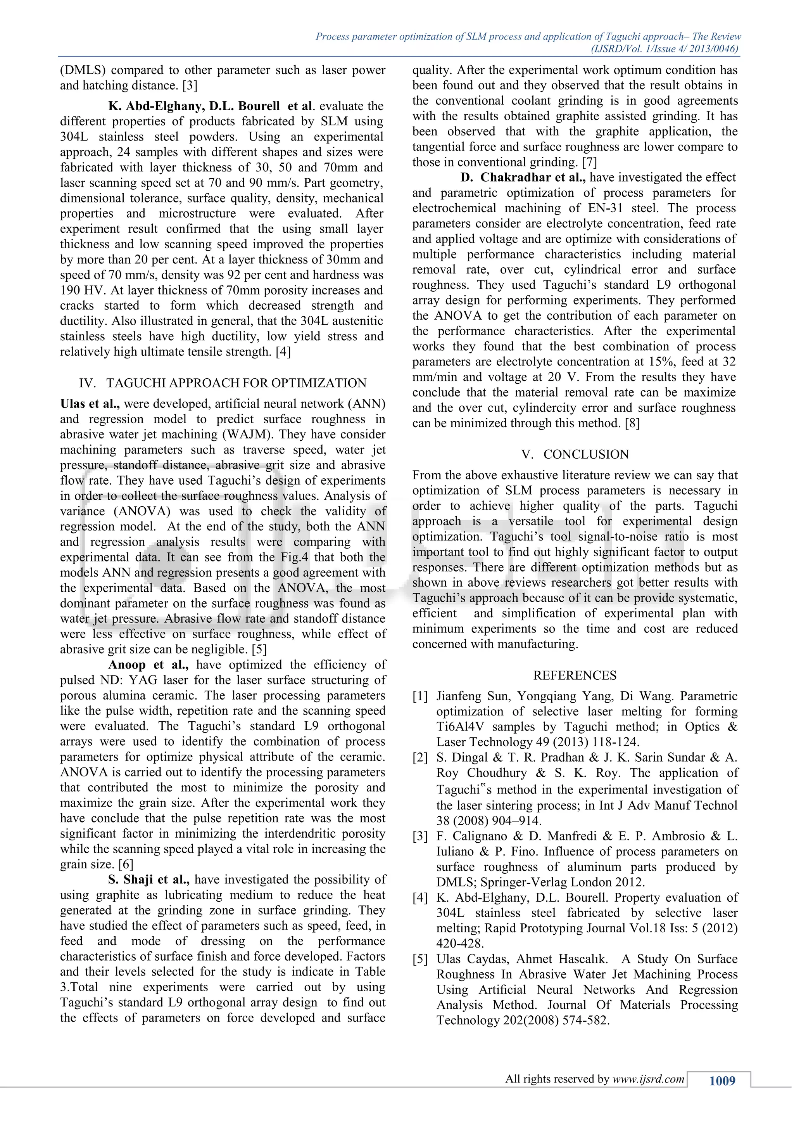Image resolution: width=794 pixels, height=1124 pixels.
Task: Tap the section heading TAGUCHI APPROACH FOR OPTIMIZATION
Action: [236, 383]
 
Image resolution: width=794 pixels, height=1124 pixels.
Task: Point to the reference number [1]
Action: [420, 696]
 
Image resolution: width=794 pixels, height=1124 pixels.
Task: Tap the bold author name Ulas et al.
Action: [91, 404]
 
